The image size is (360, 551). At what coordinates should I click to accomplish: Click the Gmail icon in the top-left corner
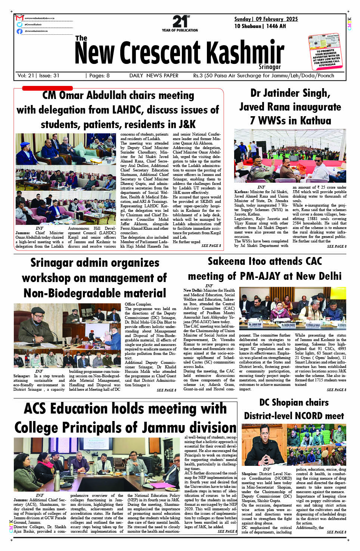pyautogui.click(x=20, y=18)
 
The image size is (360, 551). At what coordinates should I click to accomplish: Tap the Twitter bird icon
pyautogui.click(x=19, y=24)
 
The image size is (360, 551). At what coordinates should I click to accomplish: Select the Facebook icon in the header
pyautogui.click(x=19, y=31)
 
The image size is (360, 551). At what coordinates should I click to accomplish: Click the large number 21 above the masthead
pyautogui.click(x=180, y=21)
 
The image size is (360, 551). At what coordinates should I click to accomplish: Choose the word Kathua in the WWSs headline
pyautogui.click(x=313, y=121)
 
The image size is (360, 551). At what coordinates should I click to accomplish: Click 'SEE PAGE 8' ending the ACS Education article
pyautogui.click(x=227, y=531)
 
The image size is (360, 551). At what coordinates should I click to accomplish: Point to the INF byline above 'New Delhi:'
pyautogui.click(x=209, y=286)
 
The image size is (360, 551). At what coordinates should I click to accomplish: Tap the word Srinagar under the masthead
pyautogui.click(x=270, y=67)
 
